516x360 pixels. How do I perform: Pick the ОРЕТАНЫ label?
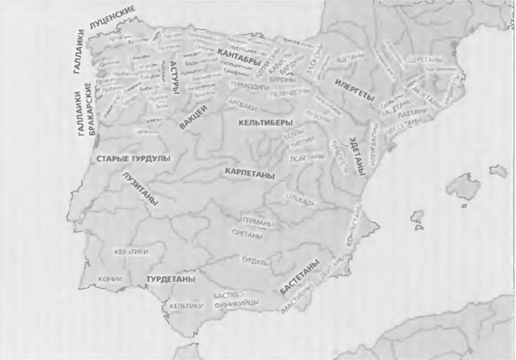coord(247,234)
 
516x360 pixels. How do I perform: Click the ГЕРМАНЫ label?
coord(251,220)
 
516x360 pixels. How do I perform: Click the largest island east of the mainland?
coord(465,189)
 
